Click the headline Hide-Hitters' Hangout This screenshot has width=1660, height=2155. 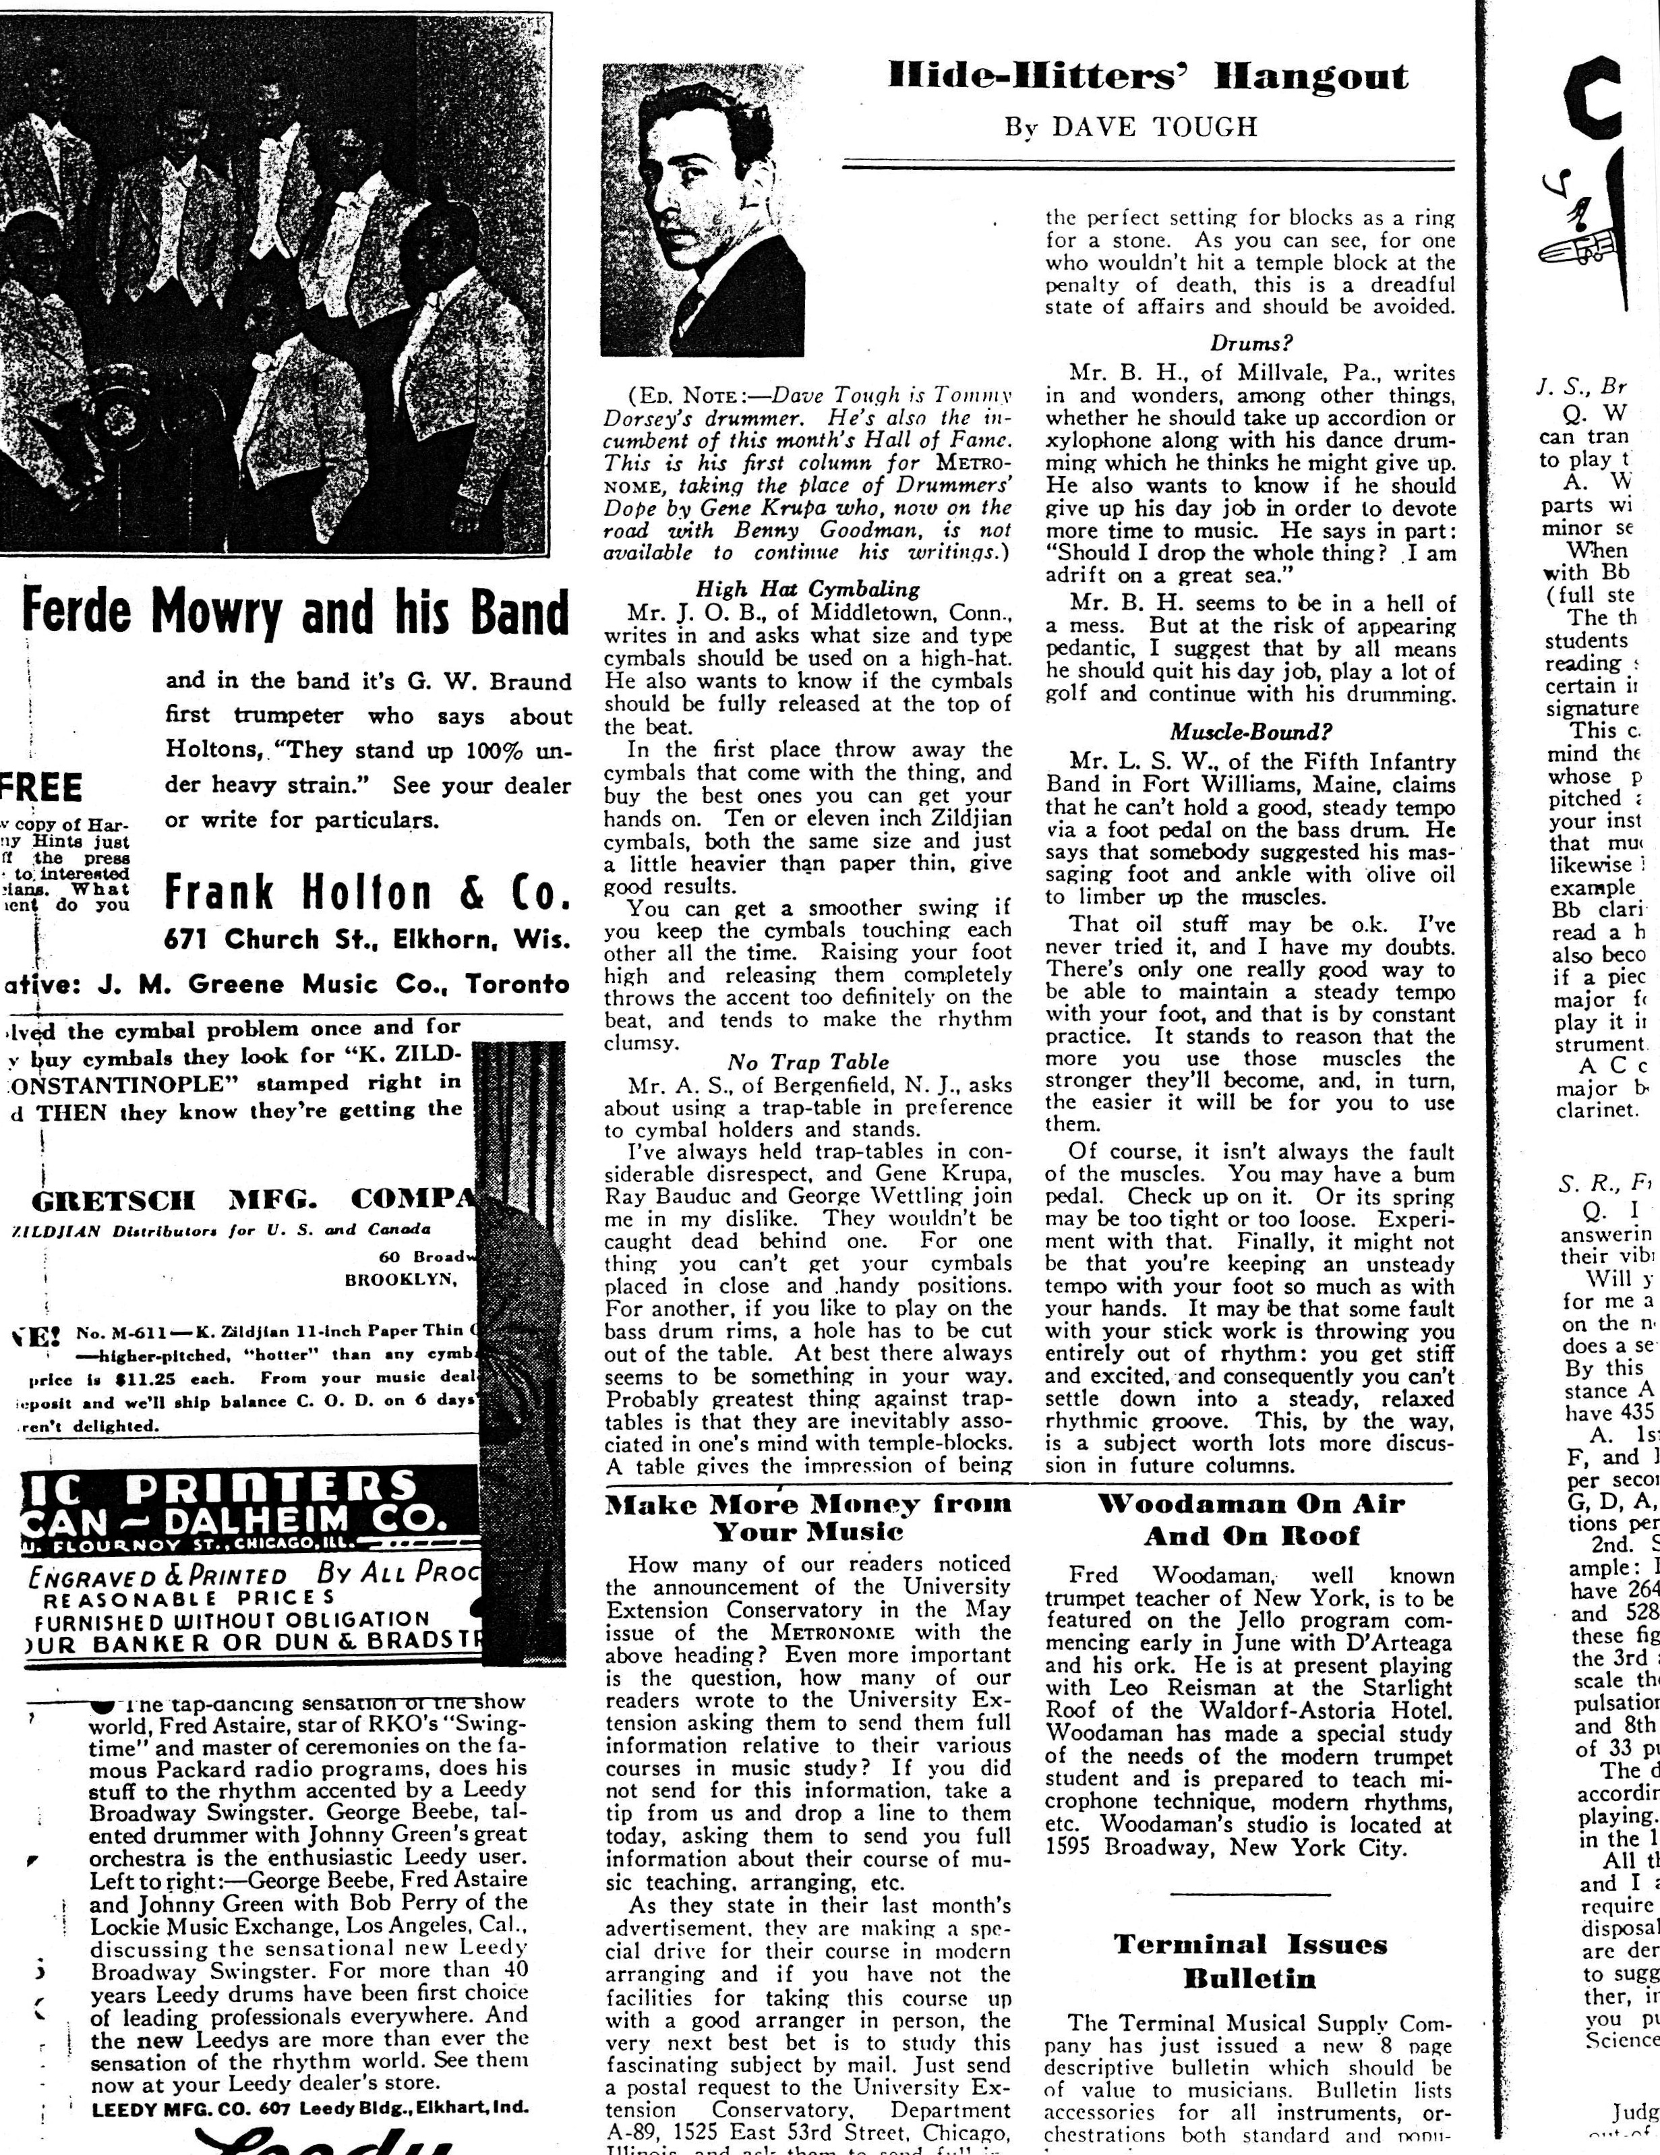(x=1148, y=77)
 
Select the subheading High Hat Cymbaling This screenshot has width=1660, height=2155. (x=807, y=589)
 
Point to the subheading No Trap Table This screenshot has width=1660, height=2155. (x=807, y=1063)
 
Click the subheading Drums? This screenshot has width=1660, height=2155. (x=1251, y=343)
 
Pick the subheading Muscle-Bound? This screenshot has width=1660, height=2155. (x=1251, y=732)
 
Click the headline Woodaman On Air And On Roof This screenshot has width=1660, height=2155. (x=1251, y=1520)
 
